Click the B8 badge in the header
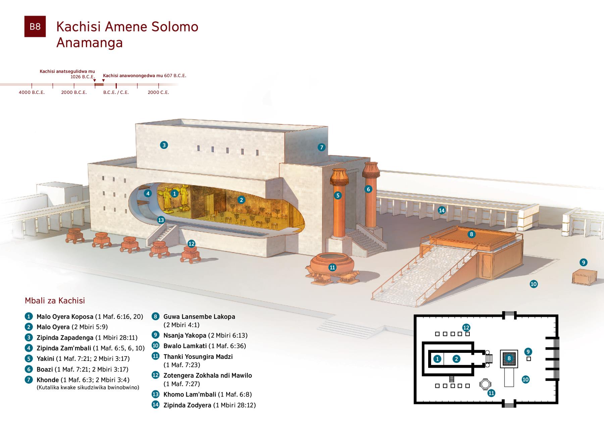[x=35, y=26]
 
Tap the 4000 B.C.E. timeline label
[x=32, y=92]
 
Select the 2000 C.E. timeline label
[x=158, y=92]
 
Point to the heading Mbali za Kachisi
[x=55, y=301]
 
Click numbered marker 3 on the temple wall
[x=164, y=145]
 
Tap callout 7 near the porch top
[x=321, y=147]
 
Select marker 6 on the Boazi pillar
[x=368, y=189]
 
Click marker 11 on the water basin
[x=332, y=267]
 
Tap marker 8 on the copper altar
[x=471, y=234]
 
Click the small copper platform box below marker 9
[x=584, y=277]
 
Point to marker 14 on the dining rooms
[x=442, y=210]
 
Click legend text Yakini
[x=45, y=359]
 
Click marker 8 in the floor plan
[x=509, y=359]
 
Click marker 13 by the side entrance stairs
[x=161, y=220]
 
